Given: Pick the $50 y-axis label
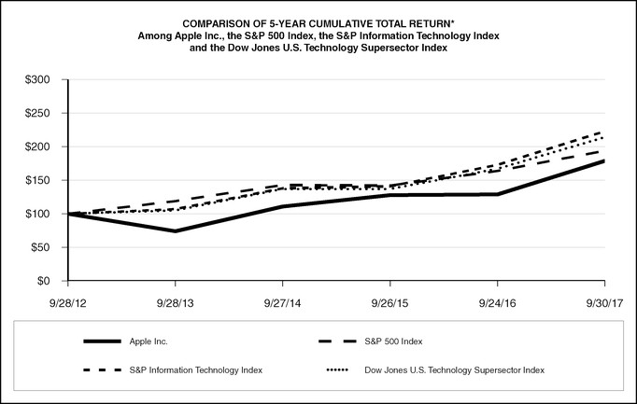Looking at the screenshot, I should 39,247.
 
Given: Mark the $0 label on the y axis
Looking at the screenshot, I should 43,281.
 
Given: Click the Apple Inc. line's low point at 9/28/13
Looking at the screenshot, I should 176,230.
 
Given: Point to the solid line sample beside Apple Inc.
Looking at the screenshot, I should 102,341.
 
